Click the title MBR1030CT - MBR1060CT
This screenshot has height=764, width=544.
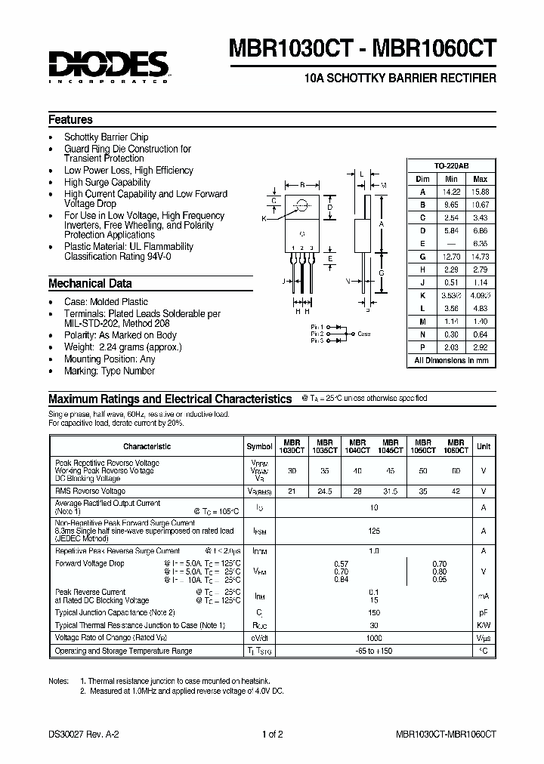pyautogui.click(x=367, y=47)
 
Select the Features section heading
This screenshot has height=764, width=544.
pyautogui.click(x=70, y=120)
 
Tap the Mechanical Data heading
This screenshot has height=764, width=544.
pyautogui.click(x=90, y=284)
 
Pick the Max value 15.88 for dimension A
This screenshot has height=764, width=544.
pyautogui.click(x=480, y=191)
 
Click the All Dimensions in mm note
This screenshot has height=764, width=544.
pyautogui.click(x=451, y=361)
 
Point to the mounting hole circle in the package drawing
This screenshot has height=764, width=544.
pyautogui.click(x=302, y=204)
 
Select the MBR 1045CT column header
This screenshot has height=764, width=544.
pyautogui.click(x=390, y=446)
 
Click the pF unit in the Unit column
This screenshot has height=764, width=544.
pyautogui.click(x=483, y=612)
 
